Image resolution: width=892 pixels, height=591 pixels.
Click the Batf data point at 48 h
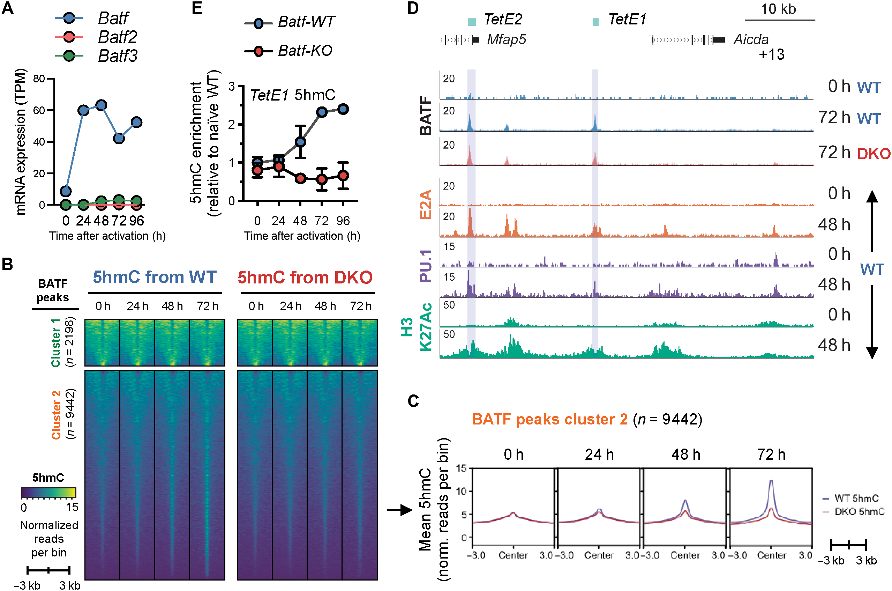coord(101,105)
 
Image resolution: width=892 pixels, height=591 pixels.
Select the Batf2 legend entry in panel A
coord(117,37)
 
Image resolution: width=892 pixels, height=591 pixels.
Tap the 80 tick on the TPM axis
coord(39,79)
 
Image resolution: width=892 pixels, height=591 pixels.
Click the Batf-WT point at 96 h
coord(343,109)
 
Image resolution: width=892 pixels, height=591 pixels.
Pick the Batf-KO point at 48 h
coord(300,178)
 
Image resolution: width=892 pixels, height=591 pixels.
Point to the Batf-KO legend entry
coord(304,51)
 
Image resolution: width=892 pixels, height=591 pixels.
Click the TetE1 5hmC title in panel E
coord(292,95)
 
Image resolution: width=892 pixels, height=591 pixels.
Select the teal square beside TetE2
coord(471,22)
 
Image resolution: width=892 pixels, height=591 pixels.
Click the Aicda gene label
coord(750,39)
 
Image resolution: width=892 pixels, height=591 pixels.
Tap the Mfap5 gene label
coord(506,39)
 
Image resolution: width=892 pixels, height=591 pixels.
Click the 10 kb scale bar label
coord(778,9)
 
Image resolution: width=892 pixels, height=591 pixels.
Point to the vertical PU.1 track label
coord(426,265)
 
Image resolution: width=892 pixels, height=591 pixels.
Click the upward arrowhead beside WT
coord(872,197)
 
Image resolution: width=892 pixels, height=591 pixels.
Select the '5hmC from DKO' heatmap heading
coord(305,278)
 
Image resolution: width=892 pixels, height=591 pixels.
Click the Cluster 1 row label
coord(56,342)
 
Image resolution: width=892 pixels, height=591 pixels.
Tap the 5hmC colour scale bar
coord(48,492)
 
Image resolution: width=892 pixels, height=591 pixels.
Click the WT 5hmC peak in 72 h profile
coord(771,481)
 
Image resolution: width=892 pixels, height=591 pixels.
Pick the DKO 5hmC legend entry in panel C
coord(859,511)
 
